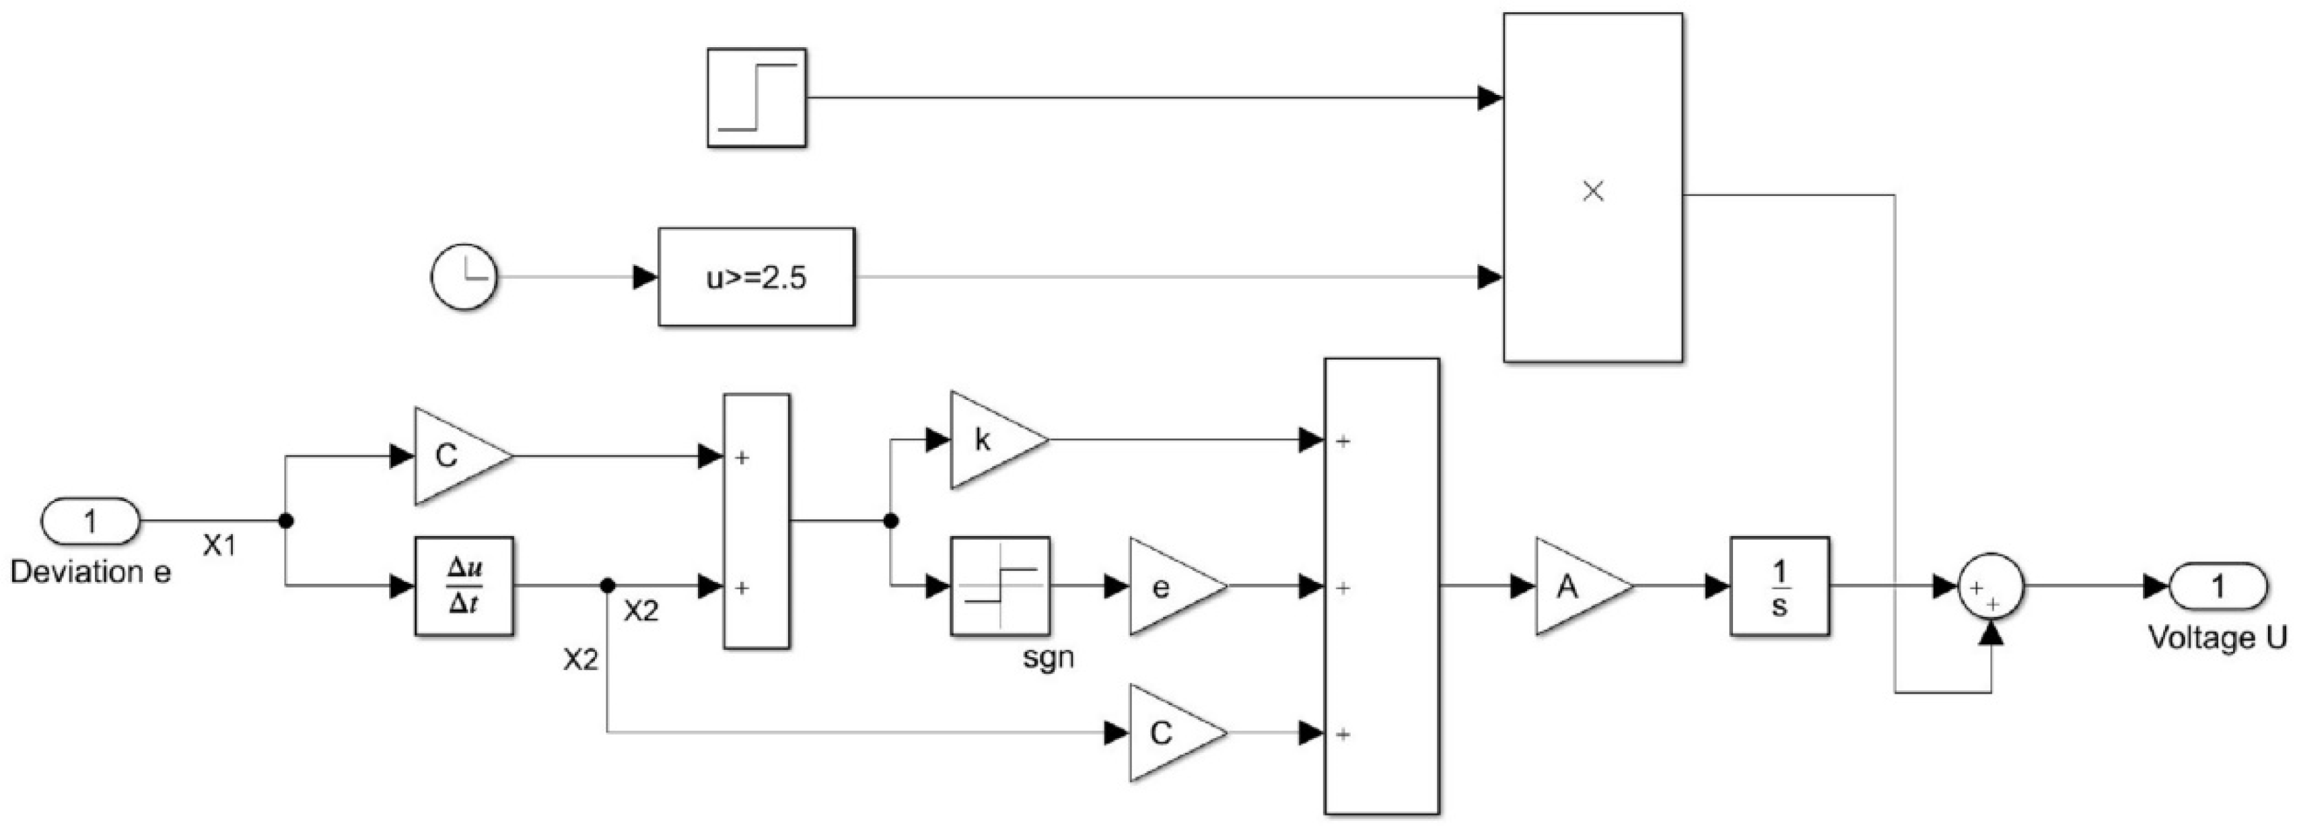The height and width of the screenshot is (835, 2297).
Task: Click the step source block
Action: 756,98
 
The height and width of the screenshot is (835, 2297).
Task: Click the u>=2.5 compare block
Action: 756,277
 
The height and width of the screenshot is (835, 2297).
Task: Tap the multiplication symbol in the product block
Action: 1592,191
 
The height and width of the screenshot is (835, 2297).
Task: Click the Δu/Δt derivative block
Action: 464,586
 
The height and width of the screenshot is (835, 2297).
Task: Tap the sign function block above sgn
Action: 999,586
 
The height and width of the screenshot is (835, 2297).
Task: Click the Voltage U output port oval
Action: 2218,586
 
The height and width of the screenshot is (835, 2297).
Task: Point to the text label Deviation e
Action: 90,572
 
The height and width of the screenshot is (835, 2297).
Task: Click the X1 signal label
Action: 219,545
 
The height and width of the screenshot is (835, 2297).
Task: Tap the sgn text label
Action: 1049,659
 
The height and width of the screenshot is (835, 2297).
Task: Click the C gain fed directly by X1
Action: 455,456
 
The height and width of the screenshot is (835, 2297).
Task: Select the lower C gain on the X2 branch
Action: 1169,733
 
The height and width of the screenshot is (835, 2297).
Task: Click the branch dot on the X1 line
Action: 286,521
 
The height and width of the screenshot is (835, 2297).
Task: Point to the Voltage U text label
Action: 2217,637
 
